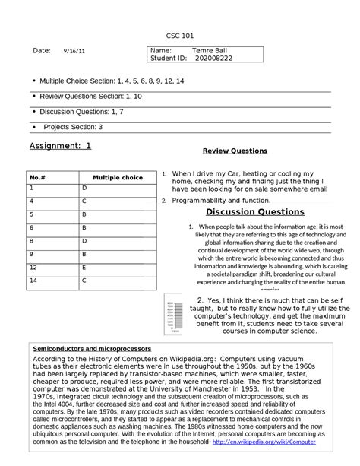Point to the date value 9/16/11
click(x=64, y=51)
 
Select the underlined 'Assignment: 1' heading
click(x=59, y=145)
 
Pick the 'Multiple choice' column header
click(x=117, y=177)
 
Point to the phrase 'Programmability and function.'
click(x=220, y=200)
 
